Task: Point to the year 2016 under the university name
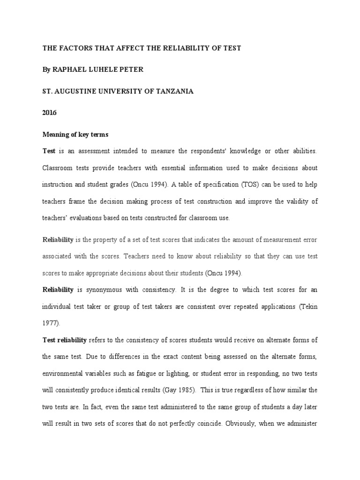(49, 113)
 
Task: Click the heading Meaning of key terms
(75, 135)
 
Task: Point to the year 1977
(50, 323)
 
